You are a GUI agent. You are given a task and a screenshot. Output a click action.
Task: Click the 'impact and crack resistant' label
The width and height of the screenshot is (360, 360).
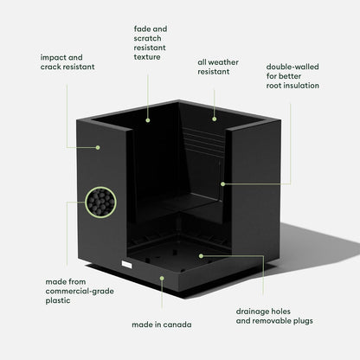coord(67,62)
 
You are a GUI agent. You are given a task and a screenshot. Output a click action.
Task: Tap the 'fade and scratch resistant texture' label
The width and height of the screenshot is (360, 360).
coord(151,43)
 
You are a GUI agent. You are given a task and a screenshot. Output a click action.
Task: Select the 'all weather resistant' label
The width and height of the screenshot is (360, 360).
coord(218,67)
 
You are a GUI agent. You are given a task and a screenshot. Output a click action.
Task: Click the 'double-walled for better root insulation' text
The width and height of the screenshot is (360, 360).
coord(292,76)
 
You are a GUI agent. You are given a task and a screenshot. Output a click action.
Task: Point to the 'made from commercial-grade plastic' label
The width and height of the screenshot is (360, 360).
coord(80,291)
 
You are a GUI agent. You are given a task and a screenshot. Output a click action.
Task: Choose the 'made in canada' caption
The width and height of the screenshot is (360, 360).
coord(162,325)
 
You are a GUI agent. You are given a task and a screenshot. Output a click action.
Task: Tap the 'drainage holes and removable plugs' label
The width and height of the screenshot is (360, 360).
coord(274,316)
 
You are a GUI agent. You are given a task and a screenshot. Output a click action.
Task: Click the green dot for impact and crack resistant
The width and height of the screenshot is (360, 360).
coord(98,147)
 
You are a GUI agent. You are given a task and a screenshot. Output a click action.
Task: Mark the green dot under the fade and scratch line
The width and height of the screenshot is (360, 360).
coord(148,120)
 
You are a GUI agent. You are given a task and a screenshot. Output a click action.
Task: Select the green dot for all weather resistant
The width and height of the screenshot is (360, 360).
coord(215,119)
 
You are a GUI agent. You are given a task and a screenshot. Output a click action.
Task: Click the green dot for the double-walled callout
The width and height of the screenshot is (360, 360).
coord(222,183)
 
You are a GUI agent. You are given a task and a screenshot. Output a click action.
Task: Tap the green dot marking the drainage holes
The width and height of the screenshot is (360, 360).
coord(201,256)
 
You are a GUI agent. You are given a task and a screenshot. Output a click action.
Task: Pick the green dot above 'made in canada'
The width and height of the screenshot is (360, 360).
coord(162,278)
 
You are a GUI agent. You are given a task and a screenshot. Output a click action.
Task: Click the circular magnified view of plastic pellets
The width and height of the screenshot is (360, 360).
coord(100,202)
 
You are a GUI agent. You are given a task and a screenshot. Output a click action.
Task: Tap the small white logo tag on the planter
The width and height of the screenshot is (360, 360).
coord(126,264)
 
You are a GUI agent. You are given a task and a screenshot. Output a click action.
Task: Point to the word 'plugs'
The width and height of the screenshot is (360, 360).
coord(303,321)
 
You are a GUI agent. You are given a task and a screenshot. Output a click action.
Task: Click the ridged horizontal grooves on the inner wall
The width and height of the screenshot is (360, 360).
coord(203,141)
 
